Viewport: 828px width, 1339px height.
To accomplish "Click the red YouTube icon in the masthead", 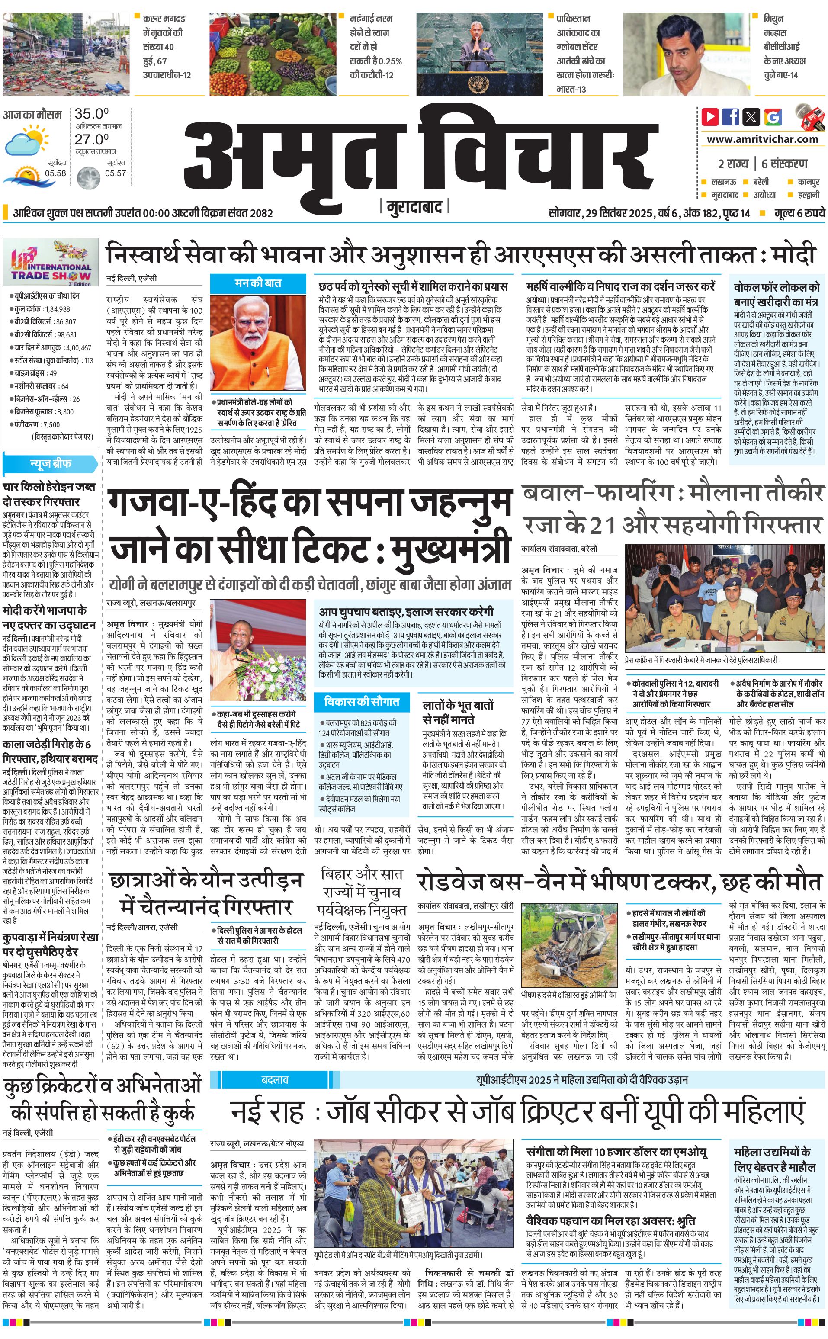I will pos(710,117).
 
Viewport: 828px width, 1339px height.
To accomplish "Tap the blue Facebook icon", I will pos(731,117).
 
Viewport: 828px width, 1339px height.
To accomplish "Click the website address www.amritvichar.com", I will pos(762,139).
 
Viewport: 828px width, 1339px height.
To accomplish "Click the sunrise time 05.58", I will pos(55,173).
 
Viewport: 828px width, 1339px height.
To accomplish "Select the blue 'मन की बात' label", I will pos(258,283).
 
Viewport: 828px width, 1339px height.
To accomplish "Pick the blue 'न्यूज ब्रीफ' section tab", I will pos(50,464).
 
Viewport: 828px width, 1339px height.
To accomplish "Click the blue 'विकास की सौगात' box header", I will pos(361,702).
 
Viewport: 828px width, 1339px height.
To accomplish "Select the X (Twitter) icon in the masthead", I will pos(751,117).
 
